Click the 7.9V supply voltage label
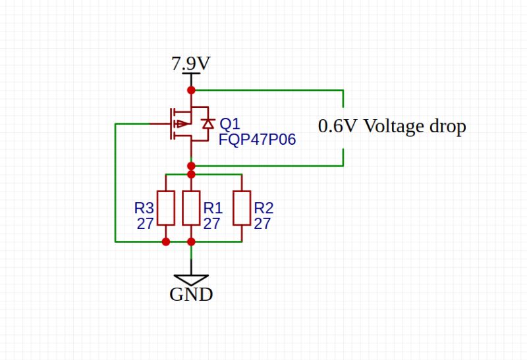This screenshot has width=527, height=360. pos(190,64)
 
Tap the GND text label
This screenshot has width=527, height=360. pos(191,294)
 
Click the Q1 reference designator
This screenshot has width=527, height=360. pos(230,124)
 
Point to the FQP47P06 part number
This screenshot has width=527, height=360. pos(258,139)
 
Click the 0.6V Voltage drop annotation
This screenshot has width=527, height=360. pos(392,126)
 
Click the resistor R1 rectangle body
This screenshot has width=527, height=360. pos(191,208)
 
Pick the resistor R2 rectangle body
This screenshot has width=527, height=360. pos(242,208)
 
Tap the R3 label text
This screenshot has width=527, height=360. pos(144,208)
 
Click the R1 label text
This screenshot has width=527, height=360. pos(213,208)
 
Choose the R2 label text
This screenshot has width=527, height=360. pos(263,208)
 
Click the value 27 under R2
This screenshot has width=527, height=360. pos(262,224)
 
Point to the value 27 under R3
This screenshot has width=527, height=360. pos(145,224)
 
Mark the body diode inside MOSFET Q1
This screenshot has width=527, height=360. pos(208,124)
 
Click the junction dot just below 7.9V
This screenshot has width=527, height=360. pos(191,90)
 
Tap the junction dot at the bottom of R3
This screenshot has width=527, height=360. pos(165,242)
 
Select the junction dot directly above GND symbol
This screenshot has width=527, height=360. pos(191,242)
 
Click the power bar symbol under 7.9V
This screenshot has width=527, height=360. pos(191,74)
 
